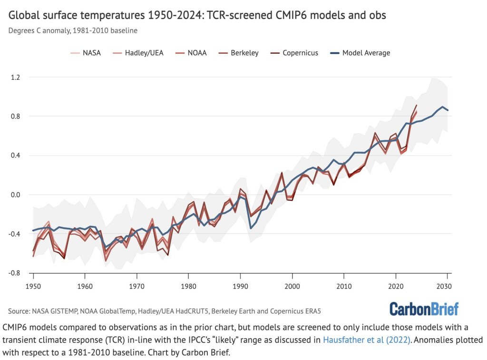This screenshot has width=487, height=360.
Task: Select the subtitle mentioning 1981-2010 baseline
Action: click(73, 30)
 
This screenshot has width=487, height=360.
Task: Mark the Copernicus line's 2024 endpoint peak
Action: click(417, 105)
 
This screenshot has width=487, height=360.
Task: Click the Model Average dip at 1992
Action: click(251, 228)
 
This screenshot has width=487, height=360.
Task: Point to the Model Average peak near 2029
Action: click(442, 107)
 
